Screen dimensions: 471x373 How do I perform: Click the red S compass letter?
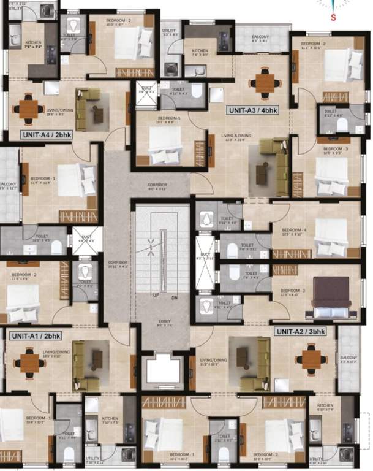point(333,17)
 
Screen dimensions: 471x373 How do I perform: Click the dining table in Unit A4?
point(28,109)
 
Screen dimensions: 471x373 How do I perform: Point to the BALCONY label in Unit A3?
point(261,37)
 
